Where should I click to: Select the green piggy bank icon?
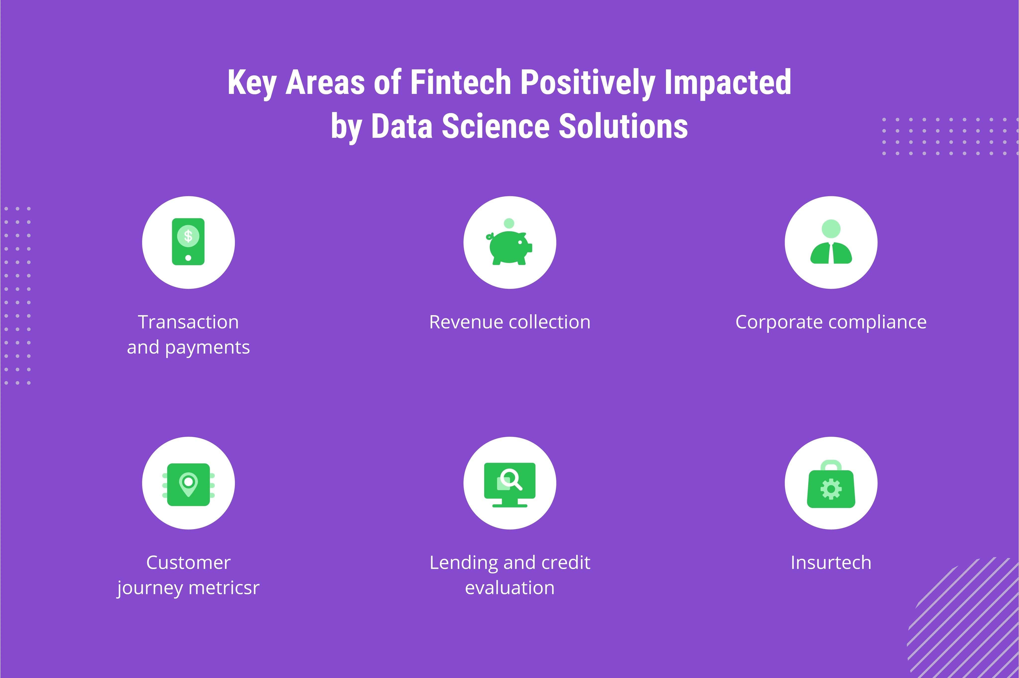[509, 247]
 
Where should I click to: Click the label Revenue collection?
[510, 322]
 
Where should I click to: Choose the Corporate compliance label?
[831, 322]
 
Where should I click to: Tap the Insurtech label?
[831, 563]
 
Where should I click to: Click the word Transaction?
[188, 322]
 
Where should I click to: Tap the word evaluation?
[510, 588]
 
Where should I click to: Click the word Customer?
[188, 563]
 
